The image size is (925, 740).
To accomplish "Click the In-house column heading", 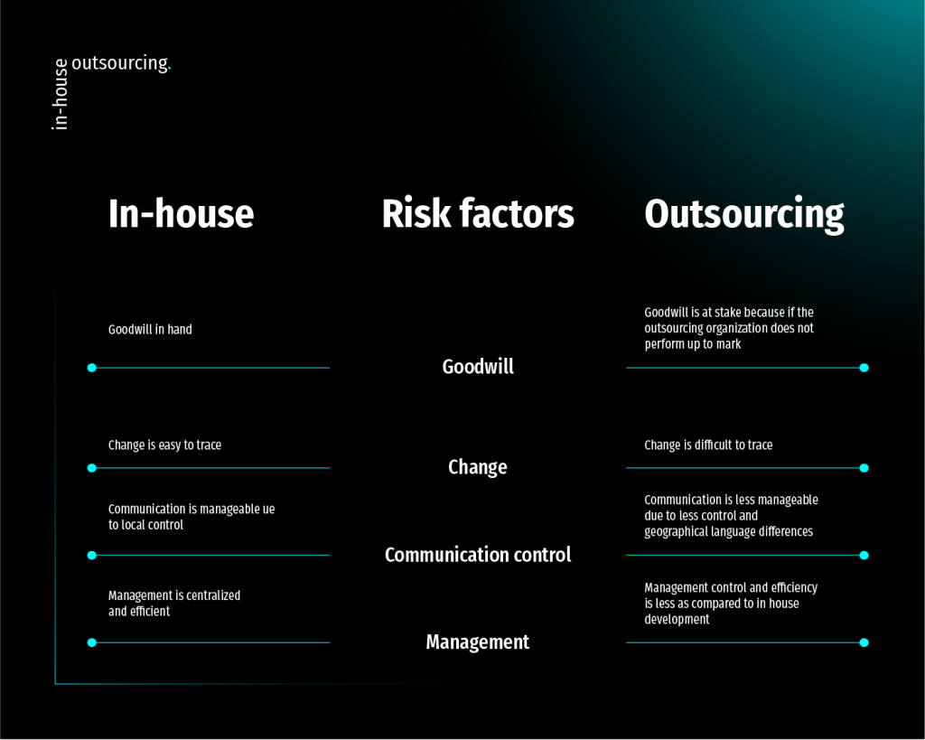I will (x=181, y=214).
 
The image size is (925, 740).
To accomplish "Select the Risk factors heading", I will (x=477, y=214).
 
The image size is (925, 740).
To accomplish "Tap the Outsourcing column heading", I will (x=744, y=214).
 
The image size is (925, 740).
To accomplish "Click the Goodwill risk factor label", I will (x=478, y=366).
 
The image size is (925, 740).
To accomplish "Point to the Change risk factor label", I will (x=478, y=467).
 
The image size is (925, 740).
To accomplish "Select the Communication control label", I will (x=478, y=555).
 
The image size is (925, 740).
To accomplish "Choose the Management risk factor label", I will (x=478, y=642).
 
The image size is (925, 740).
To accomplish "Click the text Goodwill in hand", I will (x=150, y=330).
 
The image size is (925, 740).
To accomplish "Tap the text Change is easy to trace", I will (x=164, y=445).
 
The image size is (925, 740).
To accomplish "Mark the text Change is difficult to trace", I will (x=708, y=445).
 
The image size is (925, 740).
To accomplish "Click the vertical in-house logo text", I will (x=61, y=95).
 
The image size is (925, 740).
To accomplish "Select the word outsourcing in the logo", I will (x=119, y=63).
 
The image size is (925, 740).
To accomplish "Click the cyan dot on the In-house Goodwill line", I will (x=91, y=368).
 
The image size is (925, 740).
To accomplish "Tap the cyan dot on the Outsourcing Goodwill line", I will (x=864, y=368).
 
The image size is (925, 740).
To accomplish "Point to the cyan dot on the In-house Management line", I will (x=91, y=642).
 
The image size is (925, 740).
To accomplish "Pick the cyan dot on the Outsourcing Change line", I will (x=864, y=468).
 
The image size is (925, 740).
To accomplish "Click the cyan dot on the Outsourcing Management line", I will (x=864, y=642).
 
